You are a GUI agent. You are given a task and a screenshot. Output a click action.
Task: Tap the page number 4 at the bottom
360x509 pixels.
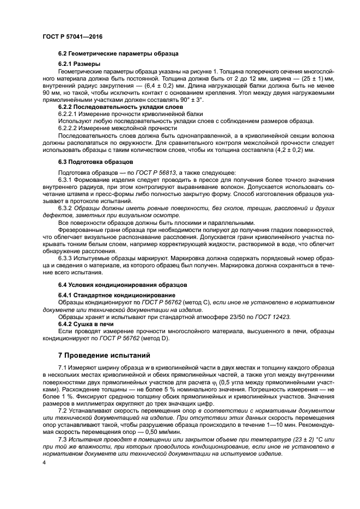[44, 462]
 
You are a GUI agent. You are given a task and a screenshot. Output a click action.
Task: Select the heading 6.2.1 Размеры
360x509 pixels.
[75, 64]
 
